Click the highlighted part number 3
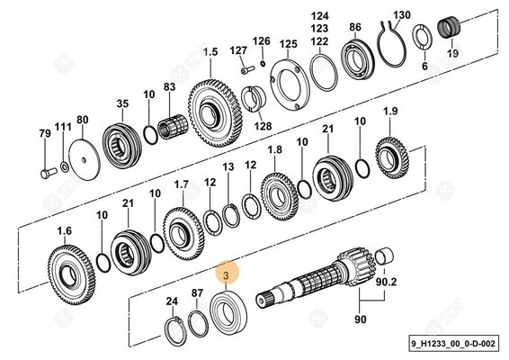[x=226, y=275]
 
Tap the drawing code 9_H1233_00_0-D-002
[x=453, y=343]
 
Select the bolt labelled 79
[x=49, y=173]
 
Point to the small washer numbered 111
[x=65, y=167]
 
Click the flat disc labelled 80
[x=85, y=159]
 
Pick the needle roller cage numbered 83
[x=172, y=127]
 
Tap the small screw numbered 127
[x=248, y=69]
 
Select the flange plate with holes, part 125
[x=290, y=85]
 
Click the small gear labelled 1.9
[x=392, y=157]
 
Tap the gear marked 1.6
[x=71, y=274]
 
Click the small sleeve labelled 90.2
[x=384, y=256]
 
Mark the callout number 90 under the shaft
[x=360, y=319]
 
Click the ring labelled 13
[x=231, y=215]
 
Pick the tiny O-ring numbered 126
[x=263, y=63]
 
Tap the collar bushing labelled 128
[x=254, y=99]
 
